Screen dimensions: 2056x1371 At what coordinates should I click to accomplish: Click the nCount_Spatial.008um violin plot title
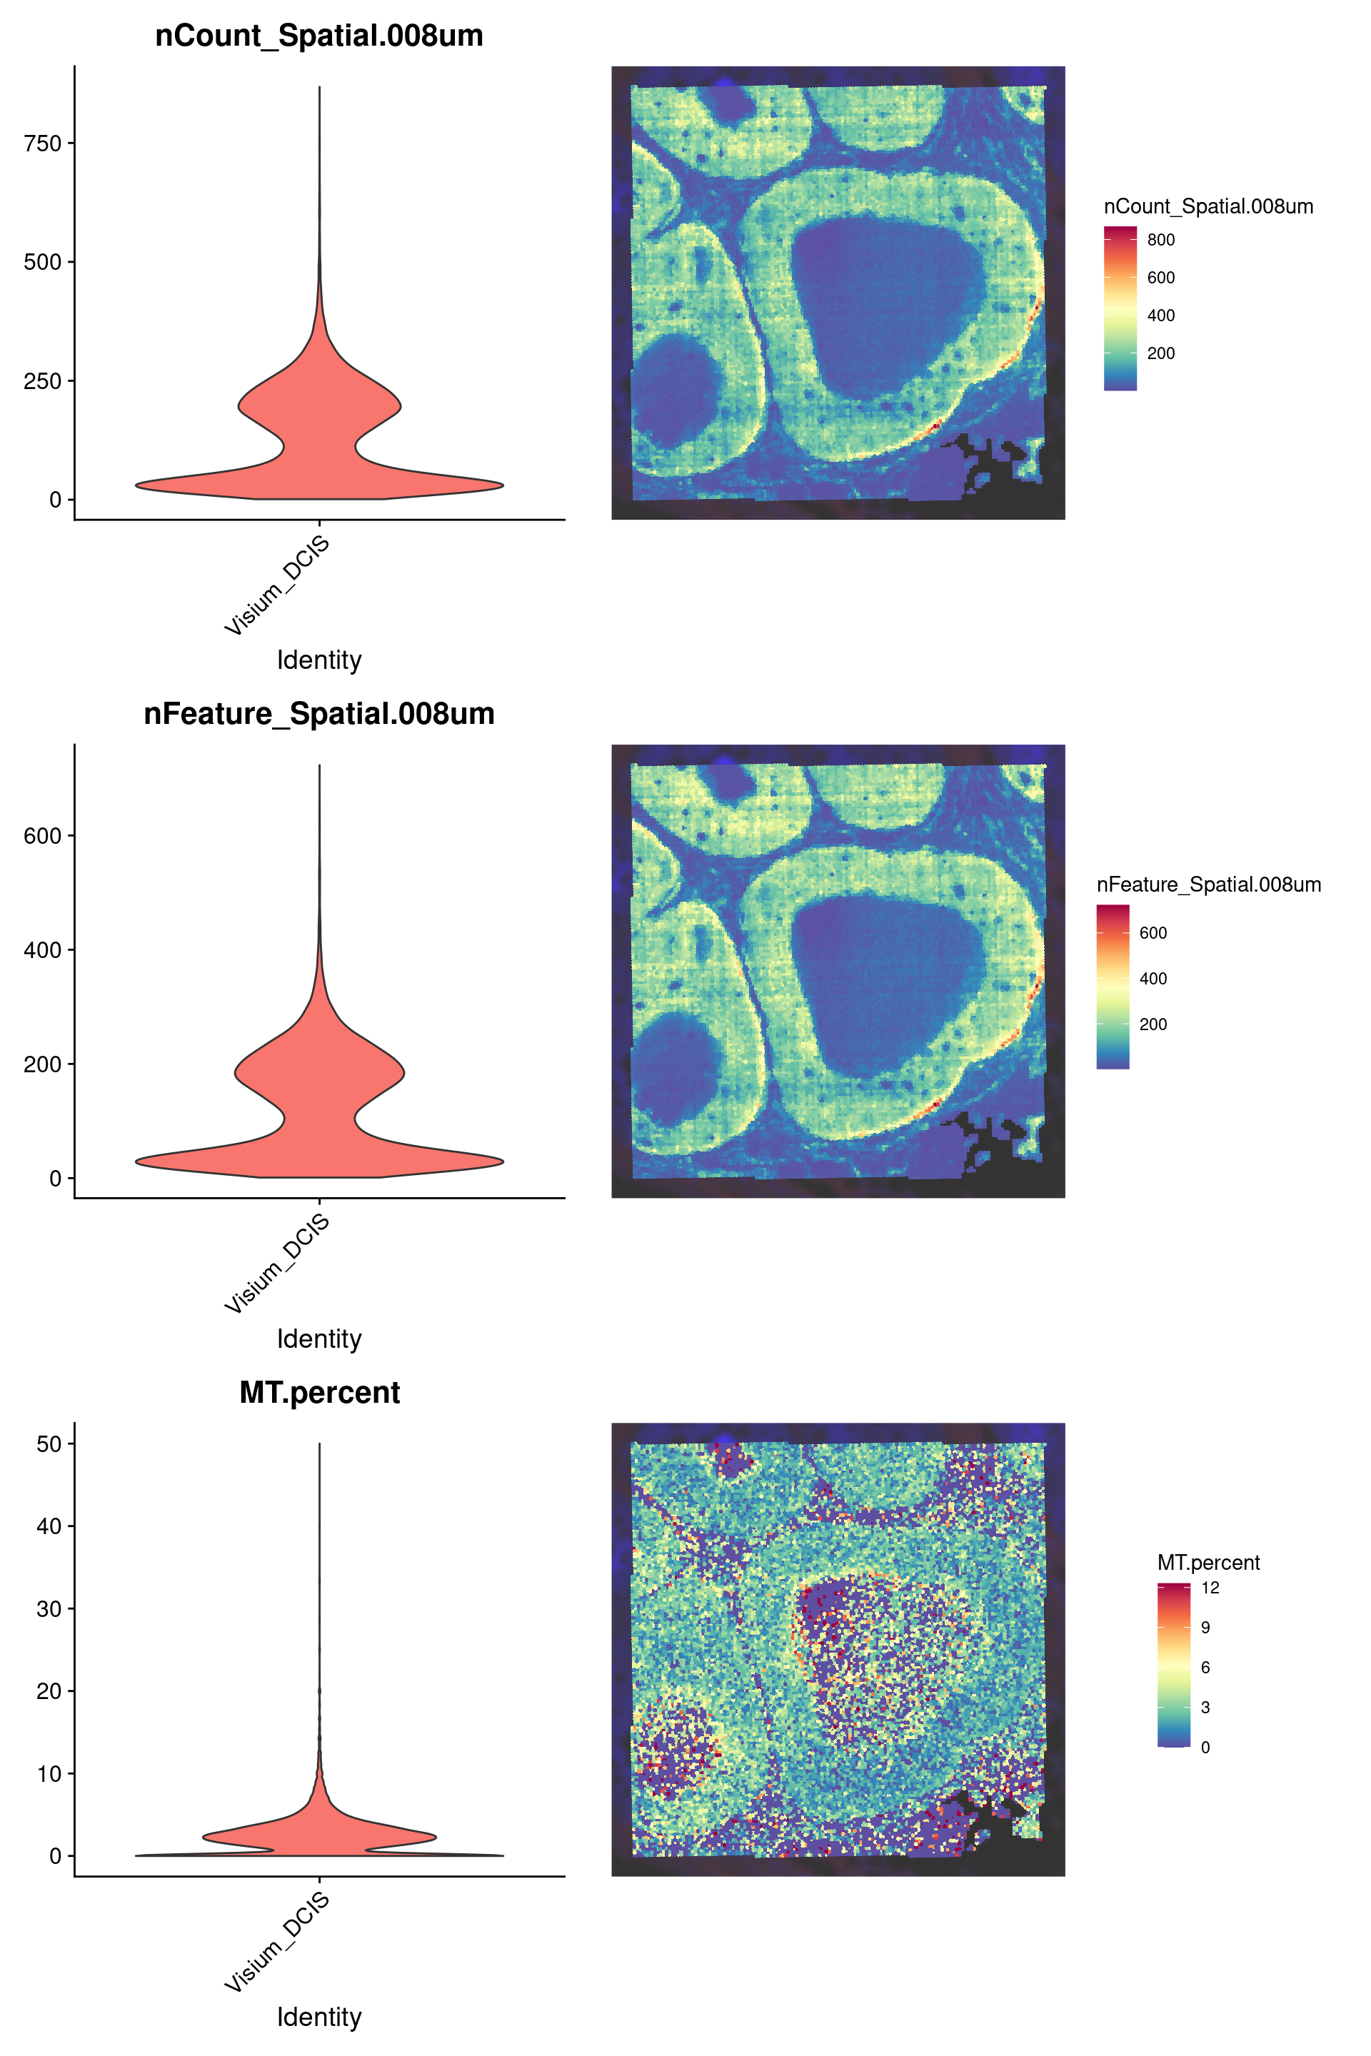pos(319,36)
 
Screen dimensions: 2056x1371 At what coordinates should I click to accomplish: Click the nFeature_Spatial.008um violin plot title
pos(319,714)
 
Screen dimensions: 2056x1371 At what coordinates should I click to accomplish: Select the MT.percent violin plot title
pos(319,1393)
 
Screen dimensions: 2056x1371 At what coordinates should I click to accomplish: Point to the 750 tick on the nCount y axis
pos(43,143)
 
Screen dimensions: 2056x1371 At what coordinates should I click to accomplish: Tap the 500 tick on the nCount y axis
pos(43,262)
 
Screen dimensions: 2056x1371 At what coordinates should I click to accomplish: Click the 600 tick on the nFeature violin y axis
pos(43,836)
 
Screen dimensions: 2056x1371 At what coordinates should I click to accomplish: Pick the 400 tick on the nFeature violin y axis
pos(43,950)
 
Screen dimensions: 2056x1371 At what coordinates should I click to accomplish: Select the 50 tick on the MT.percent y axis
pos(49,1444)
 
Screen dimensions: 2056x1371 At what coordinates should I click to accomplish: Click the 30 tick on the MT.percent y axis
pos(49,1609)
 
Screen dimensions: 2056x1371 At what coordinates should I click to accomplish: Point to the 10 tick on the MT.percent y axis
pos(49,1773)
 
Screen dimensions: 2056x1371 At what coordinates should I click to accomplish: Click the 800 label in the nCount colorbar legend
pos(1160,241)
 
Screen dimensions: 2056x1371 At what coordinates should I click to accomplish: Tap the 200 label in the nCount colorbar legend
pos(1160,354)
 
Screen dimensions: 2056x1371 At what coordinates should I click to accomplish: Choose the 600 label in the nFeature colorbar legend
pos(1152,934)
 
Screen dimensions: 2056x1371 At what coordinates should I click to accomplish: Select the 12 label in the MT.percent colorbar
pos(1210,1588)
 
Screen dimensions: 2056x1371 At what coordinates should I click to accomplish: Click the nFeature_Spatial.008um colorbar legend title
pos(1208,885)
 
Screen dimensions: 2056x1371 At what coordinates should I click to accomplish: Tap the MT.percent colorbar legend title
pos(1208,1563)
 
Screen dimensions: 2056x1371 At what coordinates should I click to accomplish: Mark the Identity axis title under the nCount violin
pos(319,660)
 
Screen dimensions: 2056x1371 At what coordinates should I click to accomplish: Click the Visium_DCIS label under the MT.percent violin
pos(278,1942)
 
